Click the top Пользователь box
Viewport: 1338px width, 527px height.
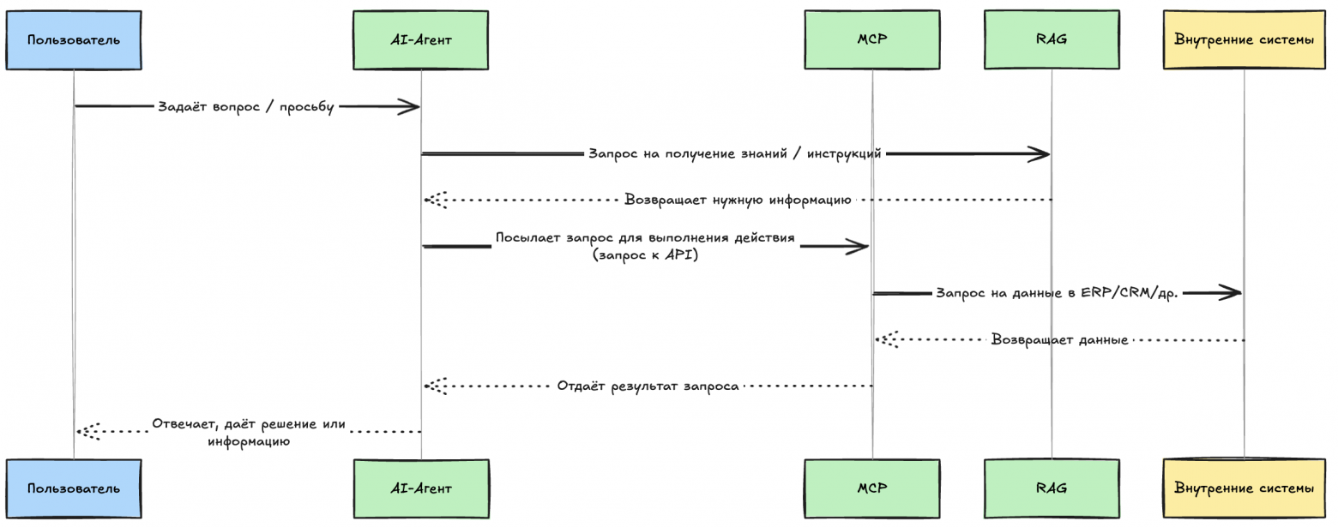[73, 39]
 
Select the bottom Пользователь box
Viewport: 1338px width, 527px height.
[73, 488]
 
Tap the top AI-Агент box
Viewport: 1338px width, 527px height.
[420, 39]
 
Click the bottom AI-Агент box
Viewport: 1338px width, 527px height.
[420, 488]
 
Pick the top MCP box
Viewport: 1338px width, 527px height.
[871, 39]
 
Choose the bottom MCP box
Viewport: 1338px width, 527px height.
[871, 488]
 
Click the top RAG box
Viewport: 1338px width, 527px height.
[1051, 39]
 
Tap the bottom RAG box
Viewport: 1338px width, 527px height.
[1051, 488]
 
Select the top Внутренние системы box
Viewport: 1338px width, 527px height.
[1244, 39]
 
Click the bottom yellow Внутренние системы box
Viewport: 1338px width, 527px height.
[1244, 488]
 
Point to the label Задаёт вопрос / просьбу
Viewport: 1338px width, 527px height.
[245, 107]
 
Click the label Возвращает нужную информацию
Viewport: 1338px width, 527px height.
[737, 200]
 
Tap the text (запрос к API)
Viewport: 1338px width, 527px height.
[645, 255]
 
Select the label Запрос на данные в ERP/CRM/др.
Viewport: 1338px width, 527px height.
[1057, 293]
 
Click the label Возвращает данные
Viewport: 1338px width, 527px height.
[1059, 339]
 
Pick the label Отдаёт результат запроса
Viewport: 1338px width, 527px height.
[648, 386]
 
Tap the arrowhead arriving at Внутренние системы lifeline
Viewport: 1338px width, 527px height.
[1232, 293]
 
